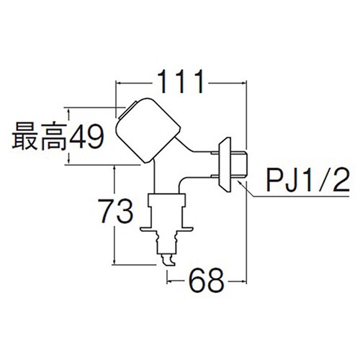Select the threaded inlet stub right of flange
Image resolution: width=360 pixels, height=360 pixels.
pyautogui.click(x=240, y=166)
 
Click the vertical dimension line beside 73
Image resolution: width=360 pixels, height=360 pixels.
pyautogui.click(x=114, y=216)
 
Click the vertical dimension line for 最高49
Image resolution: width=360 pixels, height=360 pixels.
pyautogui.click(x=69, y=137)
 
